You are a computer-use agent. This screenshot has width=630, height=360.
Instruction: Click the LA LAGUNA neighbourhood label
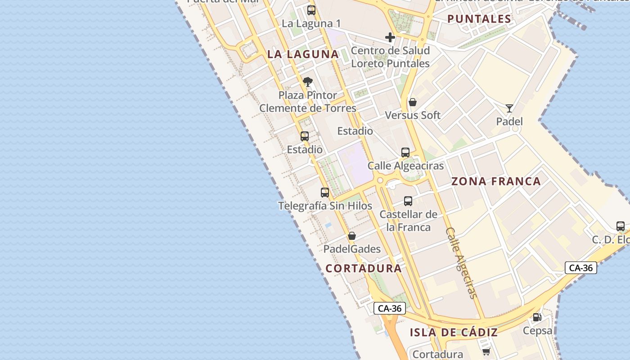pyautogui.click(x=303, y=54)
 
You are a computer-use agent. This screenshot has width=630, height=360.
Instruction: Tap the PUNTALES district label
pyautogui.click(x=479, y=19)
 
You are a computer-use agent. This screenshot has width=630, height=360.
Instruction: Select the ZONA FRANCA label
pyautogui.click(x=496, y=181)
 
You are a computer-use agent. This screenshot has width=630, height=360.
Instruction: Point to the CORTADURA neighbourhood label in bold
pyautogui.click(x=364, y=268)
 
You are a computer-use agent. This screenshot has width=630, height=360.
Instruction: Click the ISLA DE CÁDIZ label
pyautogui.click(x=454, y=333)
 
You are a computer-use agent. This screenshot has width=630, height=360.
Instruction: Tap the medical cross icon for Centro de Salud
pyautogui.click(x=390, y=37)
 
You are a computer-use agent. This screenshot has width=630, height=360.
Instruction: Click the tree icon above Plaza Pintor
pyautogui.click(x=308, y=82)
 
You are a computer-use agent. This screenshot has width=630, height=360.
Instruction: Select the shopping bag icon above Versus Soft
pyautogui.click(x=413, y=102)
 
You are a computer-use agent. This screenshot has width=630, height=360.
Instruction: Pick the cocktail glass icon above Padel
pyautogui.click(x=509, y=108)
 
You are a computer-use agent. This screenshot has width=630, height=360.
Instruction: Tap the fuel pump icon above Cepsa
pyautogui.click(x=537, y=317)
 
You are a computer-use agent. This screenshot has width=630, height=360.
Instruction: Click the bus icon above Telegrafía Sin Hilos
pyautogui.click(x=325, y=193)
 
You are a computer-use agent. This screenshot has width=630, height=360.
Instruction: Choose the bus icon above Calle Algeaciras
pyautogui.click(x=405, y=153)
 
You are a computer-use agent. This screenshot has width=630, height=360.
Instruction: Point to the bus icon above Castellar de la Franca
pyautogui.click(x=408, y=201)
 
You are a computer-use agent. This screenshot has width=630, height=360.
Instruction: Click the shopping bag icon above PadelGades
pyautogui.click(x=352, y=236)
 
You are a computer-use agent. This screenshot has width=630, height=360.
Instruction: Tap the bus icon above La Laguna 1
pyautogui.click(x=311, y=10)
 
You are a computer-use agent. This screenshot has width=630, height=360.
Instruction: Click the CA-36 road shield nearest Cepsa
pyautogui.click(x=580, y=268)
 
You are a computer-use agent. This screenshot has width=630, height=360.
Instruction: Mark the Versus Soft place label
pyautogui.click(x=413, y=115)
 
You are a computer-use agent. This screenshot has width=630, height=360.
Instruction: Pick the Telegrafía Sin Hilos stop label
pyautogui.click(x=325, y=206)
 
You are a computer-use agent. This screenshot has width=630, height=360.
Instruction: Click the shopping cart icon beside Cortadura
pyautogui.click(x=486, y=351)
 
